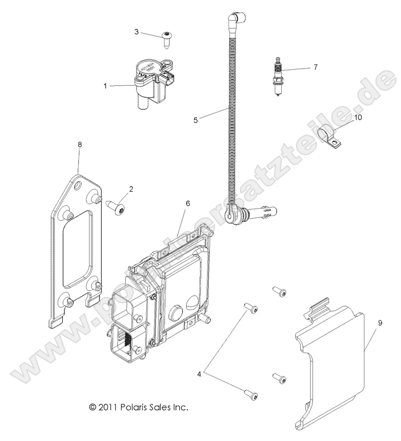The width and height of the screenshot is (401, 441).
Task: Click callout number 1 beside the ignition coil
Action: click(x=105, y=86)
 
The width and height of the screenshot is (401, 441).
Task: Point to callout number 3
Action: click(x=137, y=31)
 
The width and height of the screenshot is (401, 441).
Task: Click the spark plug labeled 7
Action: click(x=279, y=77)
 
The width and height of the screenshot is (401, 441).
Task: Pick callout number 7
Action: click(x=315, y=67)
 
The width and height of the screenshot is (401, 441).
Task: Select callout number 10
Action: click(x=358, y=117)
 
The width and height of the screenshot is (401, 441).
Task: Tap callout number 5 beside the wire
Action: click(x=195, y=120)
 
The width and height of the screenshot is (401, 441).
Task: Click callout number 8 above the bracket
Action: click(x=79, y=145)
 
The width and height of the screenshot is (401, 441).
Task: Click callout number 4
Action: click(x=199, y=375)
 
